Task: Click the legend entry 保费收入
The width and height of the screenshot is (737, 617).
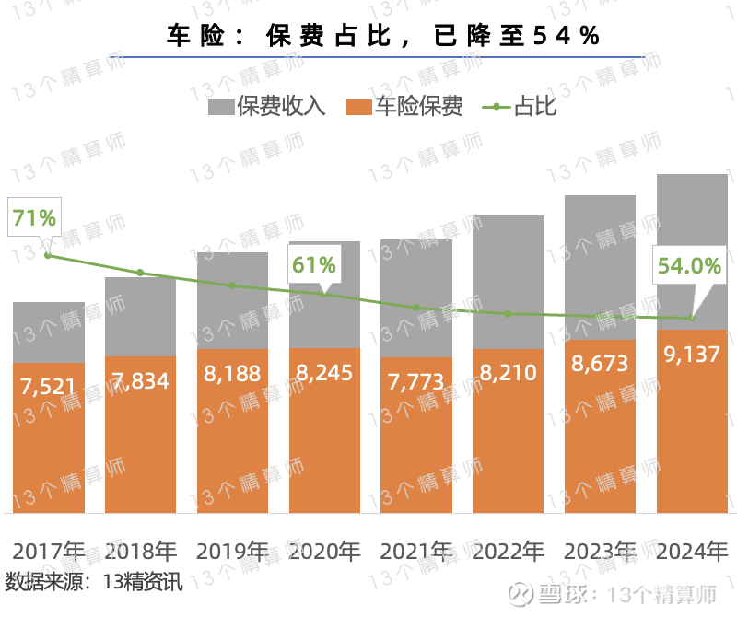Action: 267,106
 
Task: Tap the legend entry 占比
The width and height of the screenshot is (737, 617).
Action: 521,106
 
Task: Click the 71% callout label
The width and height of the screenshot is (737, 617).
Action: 34,218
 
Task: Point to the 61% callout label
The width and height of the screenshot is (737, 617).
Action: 314,265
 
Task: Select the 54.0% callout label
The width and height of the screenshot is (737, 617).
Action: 688,266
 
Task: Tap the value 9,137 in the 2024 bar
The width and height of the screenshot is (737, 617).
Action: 692,354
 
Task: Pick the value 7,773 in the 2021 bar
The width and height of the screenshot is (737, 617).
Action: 416,380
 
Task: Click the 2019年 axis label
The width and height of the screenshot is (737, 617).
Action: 232,552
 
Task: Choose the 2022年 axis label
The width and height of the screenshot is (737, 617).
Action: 509,552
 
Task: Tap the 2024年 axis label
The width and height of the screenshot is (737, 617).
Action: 692,552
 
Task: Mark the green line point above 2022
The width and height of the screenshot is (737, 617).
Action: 509,314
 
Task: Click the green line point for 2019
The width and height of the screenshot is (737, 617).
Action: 232,285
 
